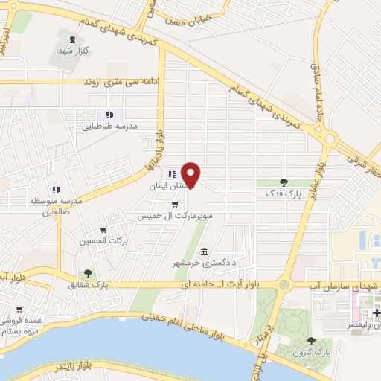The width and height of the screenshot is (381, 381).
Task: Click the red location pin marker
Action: coord(192,175)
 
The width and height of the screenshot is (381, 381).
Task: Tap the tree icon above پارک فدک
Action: coord(284,182)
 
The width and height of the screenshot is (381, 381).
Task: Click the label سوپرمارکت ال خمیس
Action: coord(174,216)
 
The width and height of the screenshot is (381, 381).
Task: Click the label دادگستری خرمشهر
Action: coord(204,263)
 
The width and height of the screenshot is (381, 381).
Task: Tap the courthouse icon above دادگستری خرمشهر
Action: coord(204,252)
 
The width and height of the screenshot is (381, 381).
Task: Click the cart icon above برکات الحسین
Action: coord(103,230)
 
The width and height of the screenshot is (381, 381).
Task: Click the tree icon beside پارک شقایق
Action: coord(89,273)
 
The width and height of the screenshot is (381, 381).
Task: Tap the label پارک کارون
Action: coord(311,352)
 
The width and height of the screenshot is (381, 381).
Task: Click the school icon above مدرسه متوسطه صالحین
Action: coord(55,189)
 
